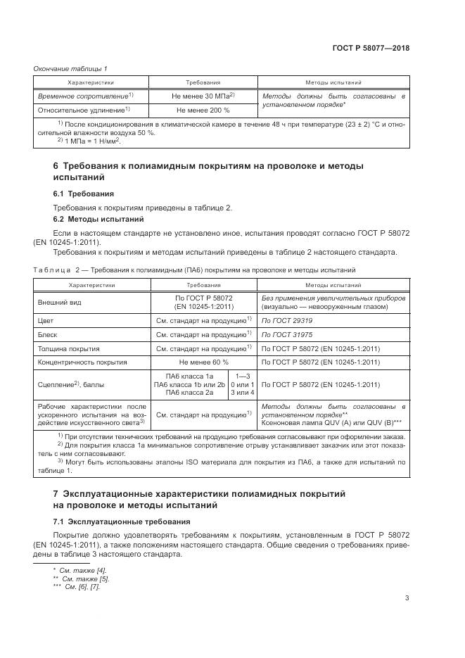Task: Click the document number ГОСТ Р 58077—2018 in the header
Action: [371, 49]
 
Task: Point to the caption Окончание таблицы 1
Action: [70, 68]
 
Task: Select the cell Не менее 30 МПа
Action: [203, 96]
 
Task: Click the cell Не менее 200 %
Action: [203, 110]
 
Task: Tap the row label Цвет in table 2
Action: [46, 320]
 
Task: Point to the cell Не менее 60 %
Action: [203, 362]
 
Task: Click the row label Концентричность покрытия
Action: [82, 362]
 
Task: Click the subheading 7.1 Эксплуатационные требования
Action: [122, 521]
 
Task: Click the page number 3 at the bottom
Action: [407, 600]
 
